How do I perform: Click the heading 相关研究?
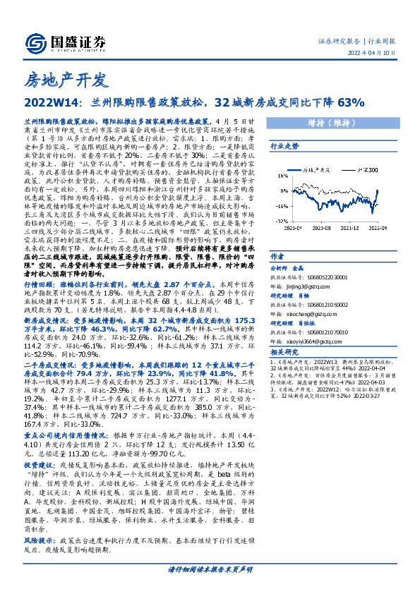coord(284,351)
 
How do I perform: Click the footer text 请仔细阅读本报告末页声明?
coord(210,568)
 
